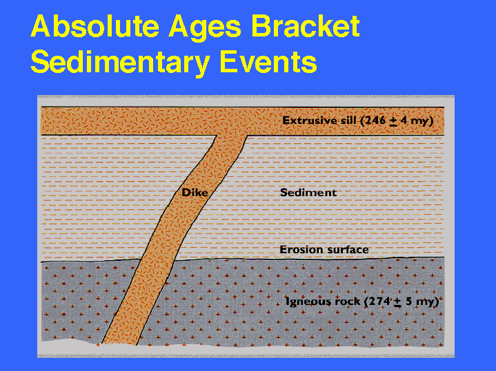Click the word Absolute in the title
[x=95, y=26]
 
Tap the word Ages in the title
[x=205, y=28]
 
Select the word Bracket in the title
[x=305, y=26]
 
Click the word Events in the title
[x=268, y=61]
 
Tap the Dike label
[x=195, y=192]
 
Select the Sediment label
[x=308, y=192]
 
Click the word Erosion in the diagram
[x=301, y=249]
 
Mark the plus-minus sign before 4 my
[x=393, y=121]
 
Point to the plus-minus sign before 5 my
[x=397, y=302]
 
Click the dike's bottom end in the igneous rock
[x=119, y=343]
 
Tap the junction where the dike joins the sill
[x=232, y=136]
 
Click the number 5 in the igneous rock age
[x=408, y=301]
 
